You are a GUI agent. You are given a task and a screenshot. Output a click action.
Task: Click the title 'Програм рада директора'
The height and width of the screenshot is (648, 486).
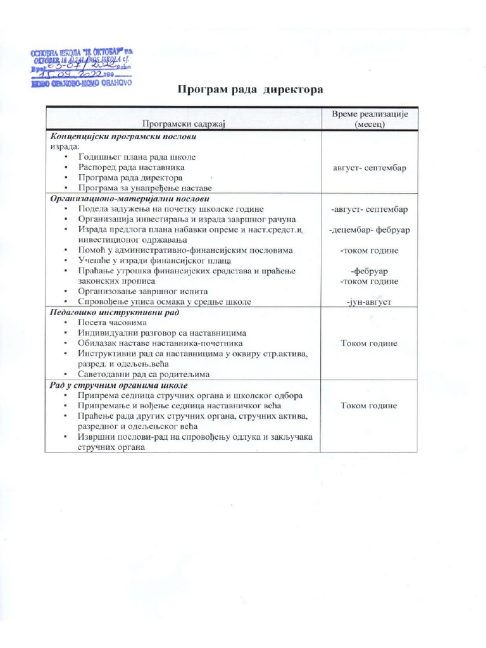(249, 89)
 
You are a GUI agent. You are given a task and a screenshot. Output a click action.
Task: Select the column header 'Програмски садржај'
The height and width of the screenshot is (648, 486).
(183, 123)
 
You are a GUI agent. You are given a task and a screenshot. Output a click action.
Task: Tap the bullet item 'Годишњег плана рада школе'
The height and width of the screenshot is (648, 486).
(137, 157)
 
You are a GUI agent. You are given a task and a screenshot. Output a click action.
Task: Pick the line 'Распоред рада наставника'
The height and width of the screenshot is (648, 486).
(132, 167)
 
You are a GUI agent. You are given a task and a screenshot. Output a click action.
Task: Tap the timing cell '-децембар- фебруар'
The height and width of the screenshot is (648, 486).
(369, 230)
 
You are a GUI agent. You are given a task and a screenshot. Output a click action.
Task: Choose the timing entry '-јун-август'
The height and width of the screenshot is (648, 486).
(369, 302)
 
